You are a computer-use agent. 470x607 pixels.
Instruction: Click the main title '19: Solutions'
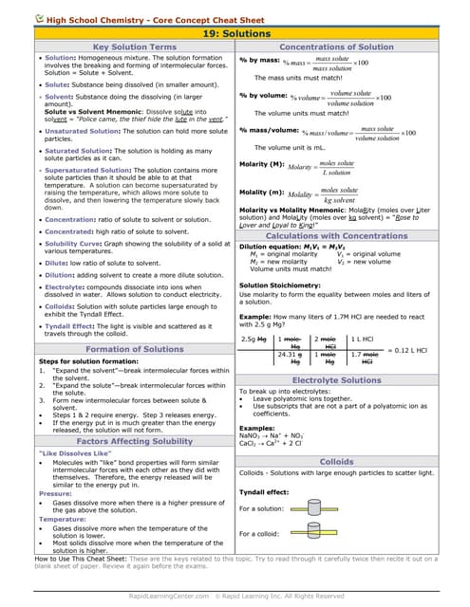[235, 33]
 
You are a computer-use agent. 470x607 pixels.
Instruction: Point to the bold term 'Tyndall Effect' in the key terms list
[71, 326]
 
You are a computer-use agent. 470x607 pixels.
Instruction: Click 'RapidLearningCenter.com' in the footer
[166, 595]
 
